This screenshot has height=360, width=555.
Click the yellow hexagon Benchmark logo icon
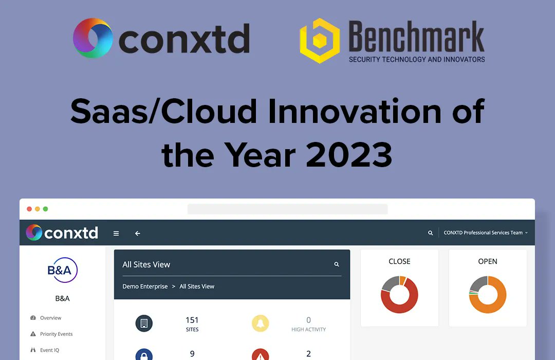(320, 41)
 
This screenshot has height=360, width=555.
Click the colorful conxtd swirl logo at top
(93, 38)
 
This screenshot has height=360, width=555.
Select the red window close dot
(29, 209)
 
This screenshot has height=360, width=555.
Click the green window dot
(45, 209)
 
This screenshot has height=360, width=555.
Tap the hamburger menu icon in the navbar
(116, 233)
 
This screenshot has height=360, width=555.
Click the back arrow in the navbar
(138, 233)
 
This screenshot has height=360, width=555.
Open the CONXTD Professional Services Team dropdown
(485, 233)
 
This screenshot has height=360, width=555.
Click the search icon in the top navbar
(431, 233)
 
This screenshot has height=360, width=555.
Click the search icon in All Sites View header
(337, 264)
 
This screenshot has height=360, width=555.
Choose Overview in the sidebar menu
(50, 318)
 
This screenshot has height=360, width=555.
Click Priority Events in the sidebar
(56, 334)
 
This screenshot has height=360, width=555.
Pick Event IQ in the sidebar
(49, 350)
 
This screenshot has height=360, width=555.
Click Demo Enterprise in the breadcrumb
(145, 286)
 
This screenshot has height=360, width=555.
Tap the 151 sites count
(192, 320)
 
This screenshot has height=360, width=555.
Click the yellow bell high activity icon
(261, 323)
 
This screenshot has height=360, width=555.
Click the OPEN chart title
(488, 261)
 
